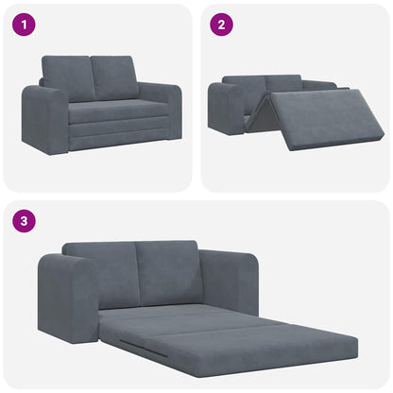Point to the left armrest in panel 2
pos(227,108)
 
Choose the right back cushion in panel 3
pos(167,270)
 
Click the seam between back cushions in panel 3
pos(135,272)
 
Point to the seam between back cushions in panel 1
pos(92,77)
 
